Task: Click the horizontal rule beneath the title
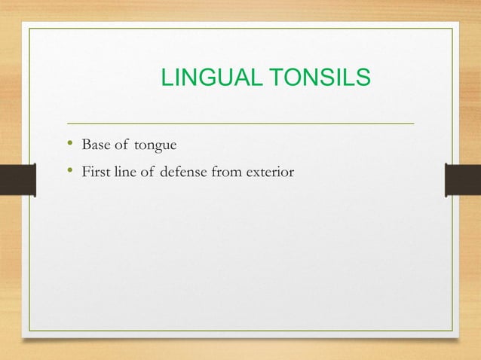[x=240, y=122]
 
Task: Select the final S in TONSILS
[x=363, y=78]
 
